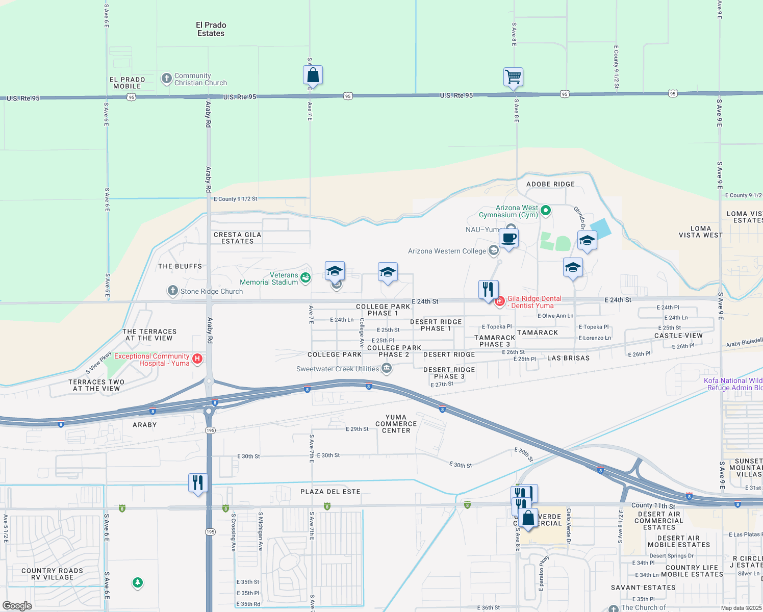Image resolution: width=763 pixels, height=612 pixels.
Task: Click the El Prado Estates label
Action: coord(211,29)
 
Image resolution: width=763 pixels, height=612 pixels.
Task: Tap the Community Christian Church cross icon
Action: coord(167,79)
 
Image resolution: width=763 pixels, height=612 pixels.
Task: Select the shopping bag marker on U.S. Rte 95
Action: coord(313,75)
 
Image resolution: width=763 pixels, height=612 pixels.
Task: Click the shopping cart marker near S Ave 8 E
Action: coord(513,78)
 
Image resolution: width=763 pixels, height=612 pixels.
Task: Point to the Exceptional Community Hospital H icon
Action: coord(197,359)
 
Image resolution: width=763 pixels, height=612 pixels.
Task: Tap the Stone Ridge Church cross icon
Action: coord(173,291)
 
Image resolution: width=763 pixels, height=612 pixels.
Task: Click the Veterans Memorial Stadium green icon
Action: coord(306,277)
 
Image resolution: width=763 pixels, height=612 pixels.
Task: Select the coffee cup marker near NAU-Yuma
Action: coord(508,238)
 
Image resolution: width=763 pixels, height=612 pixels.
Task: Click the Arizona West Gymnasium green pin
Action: coord(546,210)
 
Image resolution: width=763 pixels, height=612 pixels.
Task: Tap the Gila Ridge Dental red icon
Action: coord(500,301)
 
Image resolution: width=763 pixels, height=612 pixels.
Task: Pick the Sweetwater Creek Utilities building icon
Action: coord(387,368)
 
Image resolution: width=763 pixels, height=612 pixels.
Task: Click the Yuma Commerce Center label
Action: coord(396,424)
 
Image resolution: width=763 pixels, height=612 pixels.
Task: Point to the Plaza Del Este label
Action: coord(330,492)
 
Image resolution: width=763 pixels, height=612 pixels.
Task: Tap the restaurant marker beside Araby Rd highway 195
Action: coord(198,482)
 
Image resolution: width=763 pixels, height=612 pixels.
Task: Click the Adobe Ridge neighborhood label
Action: coord(550,184)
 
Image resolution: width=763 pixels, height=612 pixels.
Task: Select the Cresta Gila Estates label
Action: coord(237,238)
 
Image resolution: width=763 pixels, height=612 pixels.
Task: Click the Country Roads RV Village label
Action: coord(52,574)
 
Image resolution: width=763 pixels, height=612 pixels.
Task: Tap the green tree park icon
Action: coord(137,582)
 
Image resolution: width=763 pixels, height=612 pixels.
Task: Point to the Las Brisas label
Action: coord(568,358)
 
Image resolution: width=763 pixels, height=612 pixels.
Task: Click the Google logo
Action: coord(17,606)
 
